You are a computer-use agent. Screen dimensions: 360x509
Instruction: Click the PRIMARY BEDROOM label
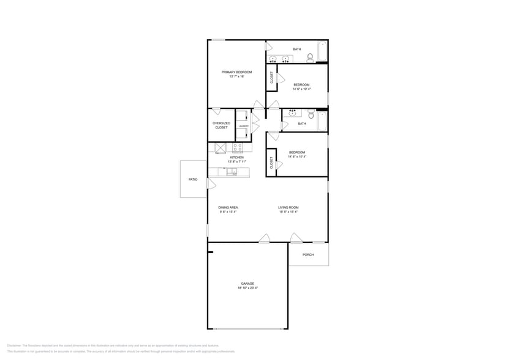236,72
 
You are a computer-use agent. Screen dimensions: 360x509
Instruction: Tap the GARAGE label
247,283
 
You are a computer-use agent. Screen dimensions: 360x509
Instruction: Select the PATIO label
193,179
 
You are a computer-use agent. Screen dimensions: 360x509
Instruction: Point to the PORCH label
308,255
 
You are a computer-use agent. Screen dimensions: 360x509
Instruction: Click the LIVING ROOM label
288,208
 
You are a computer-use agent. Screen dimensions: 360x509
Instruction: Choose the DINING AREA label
228,208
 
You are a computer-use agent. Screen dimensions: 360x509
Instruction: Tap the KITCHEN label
236,157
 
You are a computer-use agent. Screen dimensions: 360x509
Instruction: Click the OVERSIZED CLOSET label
221,125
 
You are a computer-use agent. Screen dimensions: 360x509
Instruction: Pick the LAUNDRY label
243,126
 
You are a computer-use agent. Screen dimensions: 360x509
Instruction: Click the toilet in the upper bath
310,58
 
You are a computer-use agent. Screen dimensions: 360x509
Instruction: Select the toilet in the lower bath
311,114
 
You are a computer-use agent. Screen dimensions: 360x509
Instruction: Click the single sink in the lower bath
292,113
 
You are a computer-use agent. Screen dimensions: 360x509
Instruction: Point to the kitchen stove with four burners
238,148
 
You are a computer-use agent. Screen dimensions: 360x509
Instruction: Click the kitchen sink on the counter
232,172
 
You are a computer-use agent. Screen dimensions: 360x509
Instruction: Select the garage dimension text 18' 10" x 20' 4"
247,288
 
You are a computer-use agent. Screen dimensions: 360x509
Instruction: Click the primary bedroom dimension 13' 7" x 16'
236,77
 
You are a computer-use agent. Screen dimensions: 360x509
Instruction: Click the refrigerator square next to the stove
220,148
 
